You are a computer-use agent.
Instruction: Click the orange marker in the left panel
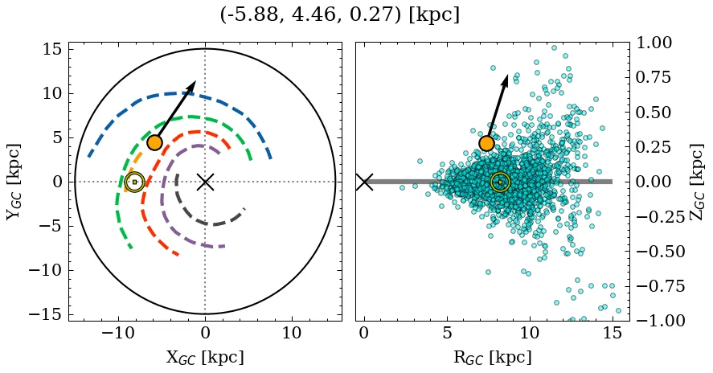[154, 142]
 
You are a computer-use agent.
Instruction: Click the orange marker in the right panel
[486, 143]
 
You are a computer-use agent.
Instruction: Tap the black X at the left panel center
[205, 182]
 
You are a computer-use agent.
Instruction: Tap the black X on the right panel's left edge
[364, 182]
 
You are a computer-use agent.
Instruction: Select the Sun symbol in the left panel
[134, 182]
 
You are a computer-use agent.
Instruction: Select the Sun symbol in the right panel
[500, 182]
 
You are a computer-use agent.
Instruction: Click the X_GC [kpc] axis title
[205, 358]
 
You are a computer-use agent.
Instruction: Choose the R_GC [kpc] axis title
[493, 358]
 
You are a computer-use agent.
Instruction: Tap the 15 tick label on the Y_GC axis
[51, 49]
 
